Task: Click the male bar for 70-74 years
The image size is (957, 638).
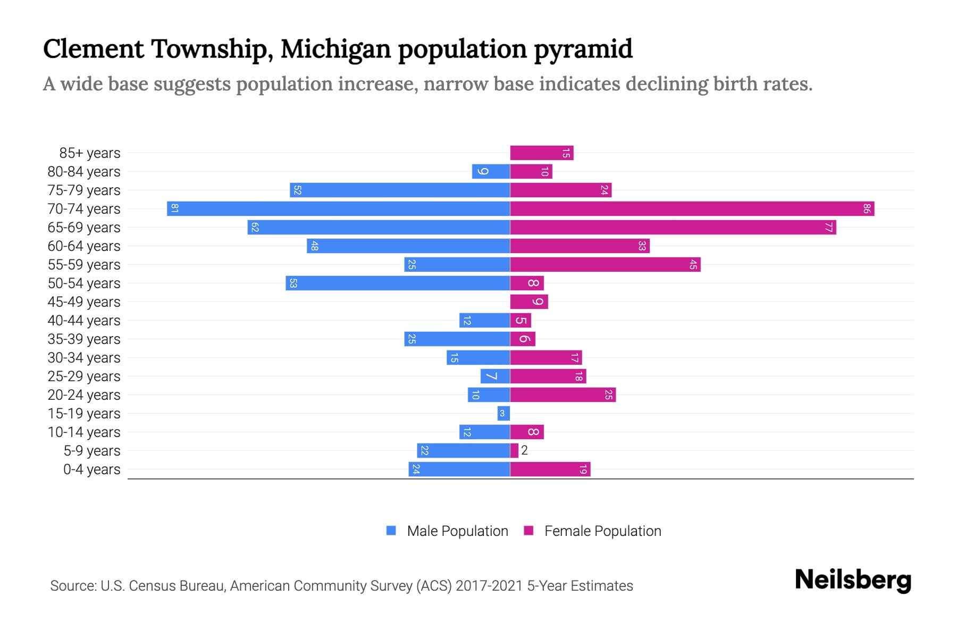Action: point(338,208)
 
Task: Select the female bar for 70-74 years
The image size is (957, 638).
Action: point(692,208)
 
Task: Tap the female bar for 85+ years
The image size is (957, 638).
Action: point(541,153)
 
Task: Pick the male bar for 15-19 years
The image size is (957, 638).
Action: point(503,413)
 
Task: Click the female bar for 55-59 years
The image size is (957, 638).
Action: point(605,264)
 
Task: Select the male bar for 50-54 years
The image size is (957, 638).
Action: point(398,283)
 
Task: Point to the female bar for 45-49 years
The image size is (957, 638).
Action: point(528,301)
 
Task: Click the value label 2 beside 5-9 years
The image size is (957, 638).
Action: point(524,451)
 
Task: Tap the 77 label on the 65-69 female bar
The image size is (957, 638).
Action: point(828,228)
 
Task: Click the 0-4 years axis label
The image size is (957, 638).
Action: point(91,469)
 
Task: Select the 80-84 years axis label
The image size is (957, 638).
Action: point(84,172)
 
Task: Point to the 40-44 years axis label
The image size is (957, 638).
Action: point(84,321)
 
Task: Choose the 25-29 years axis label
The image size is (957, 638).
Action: point(84,376)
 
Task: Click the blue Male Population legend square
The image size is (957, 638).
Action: point(391,531)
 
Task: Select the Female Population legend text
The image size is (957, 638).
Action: point(602,531)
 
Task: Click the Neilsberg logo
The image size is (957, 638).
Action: point(853,581)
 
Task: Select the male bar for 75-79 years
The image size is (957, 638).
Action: point(400,190)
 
